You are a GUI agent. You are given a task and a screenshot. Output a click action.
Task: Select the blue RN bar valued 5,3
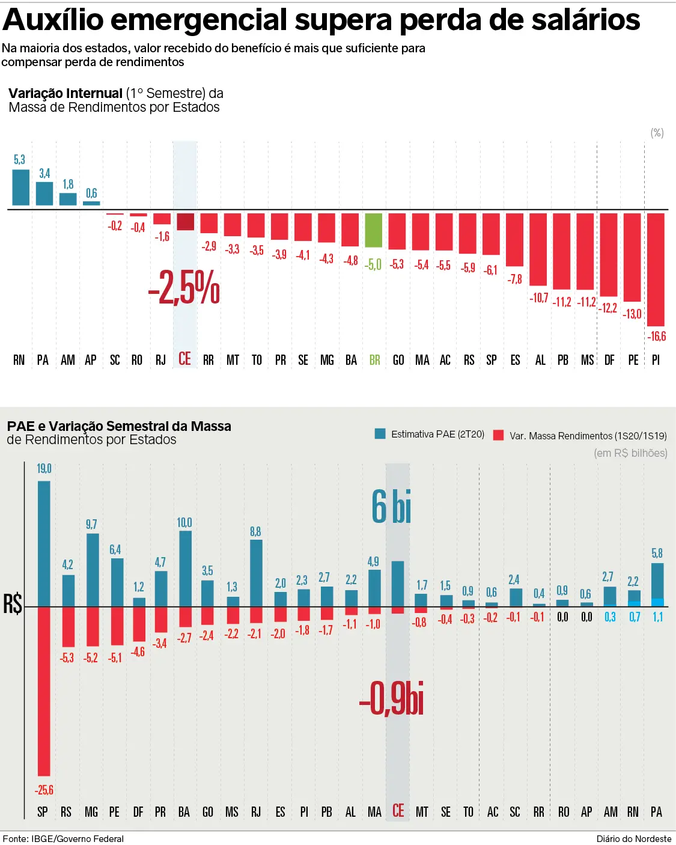pyautogui.click(x=21, y=188)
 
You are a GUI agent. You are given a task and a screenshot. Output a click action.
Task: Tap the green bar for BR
pyautogui.click(x=374, y=230)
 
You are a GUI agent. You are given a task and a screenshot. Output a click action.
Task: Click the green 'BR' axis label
pyautogui.click(x=374, y=360)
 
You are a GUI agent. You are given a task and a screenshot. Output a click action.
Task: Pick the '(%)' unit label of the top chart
pyautogui.click(x=657, y=133)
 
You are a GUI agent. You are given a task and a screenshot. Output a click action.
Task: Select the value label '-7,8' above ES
pyautogui.click(x=514, y=279)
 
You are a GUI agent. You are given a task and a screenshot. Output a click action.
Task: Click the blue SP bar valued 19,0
pyautogui.click(x=44, y=543)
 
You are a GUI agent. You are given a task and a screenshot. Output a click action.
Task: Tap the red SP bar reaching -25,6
pyautogui.click(x=44, y=691)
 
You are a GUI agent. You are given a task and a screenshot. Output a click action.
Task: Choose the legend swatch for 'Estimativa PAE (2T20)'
pyautogui.click(x=380, y=434)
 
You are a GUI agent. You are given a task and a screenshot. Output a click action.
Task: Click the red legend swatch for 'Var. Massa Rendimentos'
pyautogui.click(x=498, y=435)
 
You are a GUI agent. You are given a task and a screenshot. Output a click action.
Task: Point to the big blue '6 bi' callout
pyautogui.click(x=391, y=507)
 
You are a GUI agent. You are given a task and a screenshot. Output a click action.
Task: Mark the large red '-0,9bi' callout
pyautogui.click(x=392, y=698)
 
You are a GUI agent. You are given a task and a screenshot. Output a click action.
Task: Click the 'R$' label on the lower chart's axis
pyautogui.click(x=13, y=603)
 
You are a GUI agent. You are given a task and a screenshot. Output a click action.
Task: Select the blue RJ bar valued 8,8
pyautogui.click(x=256, y=573)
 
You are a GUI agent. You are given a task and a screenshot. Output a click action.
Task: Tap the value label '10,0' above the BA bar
pyautogui.click(x=184, y=522)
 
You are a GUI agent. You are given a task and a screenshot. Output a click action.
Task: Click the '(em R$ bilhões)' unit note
pyautogui.click(x=630, y=453)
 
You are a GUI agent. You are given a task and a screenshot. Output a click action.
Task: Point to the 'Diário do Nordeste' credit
pyautogui.click(x=633, y=838)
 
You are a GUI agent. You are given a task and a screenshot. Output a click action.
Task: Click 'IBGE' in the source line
pyautogui.click(x=42, y=838)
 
